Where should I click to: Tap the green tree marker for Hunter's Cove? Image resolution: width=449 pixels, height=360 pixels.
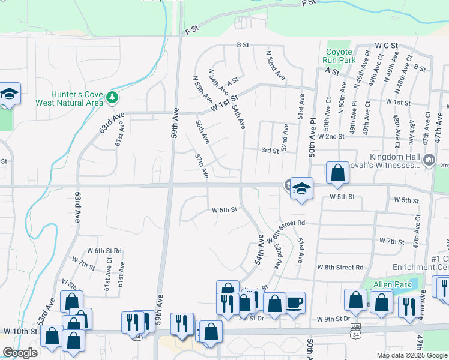112,97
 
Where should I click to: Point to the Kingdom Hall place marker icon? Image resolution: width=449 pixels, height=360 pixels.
429,160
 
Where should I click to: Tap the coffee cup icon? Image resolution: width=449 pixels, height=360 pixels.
294,302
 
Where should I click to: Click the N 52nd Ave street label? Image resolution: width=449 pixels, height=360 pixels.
276,65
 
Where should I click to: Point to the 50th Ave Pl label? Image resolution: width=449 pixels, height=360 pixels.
312,137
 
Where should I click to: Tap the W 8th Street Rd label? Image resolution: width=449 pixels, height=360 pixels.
340,267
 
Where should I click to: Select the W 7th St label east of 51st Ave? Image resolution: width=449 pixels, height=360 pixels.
392,241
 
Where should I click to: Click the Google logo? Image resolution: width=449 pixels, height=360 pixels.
20,352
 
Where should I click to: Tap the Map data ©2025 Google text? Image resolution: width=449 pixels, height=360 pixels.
412,355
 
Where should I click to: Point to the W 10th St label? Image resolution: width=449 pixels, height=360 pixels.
20,331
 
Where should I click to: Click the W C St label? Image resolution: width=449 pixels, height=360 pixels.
387,46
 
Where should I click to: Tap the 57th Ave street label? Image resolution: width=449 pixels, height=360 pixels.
201,165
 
